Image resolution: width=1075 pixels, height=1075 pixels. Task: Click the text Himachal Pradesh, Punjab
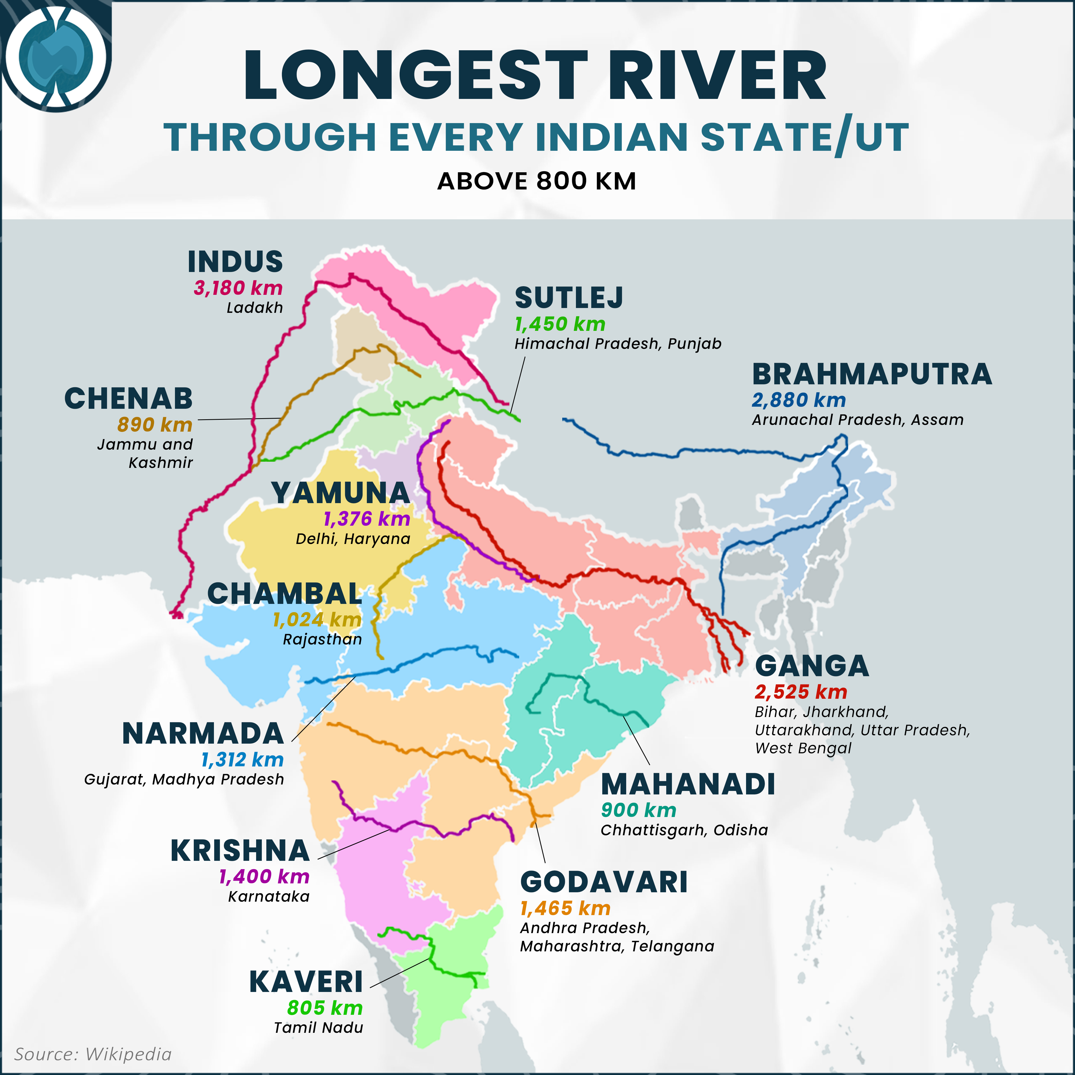(618, 344)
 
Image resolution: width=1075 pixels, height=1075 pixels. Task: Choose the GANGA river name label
(812, 666)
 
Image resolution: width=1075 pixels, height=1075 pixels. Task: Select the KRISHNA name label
(240, 851)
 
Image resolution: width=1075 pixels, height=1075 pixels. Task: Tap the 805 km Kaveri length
(325, 1008)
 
